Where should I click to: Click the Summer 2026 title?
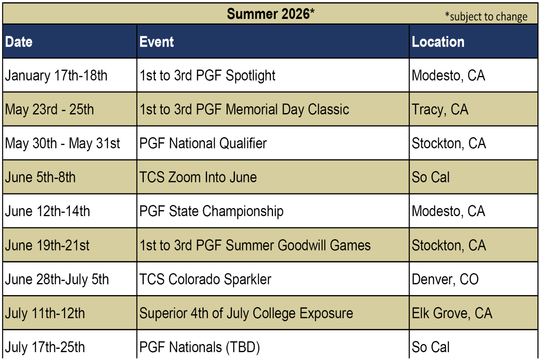tap(270, 14)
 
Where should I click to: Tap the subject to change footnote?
tap(486, 17)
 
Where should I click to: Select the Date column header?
tap(19, 42)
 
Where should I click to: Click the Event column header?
tap(157, 42)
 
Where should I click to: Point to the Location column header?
tap(438, 42)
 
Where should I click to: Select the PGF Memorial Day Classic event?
tap(244, 109)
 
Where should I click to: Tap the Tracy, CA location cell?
tap(440, 109)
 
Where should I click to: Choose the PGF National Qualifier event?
tap(203, 143)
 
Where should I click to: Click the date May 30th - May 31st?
tap(62, 143)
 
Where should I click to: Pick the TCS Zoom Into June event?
tap(198, 177)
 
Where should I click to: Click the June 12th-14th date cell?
tap(48, 211)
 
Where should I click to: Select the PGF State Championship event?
tap(211, 211)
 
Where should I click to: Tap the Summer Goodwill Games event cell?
tap(255, 245)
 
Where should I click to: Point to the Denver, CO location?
tap(445, 279)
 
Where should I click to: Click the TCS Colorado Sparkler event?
tap(206, 279)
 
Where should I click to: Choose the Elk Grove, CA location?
tap(452, 313)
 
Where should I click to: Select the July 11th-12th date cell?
tap(45, 313)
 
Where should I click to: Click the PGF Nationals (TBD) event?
tap(199, 347)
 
